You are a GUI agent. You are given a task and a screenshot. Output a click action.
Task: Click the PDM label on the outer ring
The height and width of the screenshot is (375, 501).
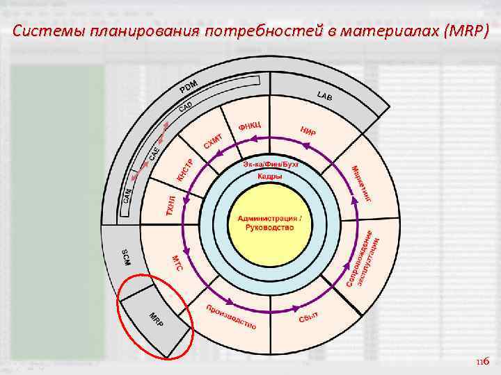[188, 88]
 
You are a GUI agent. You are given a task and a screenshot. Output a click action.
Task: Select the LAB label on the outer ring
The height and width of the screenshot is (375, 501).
[324, 96]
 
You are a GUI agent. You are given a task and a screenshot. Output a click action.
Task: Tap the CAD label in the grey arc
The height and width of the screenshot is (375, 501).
[185, 107]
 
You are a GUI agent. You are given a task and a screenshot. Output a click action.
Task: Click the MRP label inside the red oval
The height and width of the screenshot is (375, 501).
[157, 321]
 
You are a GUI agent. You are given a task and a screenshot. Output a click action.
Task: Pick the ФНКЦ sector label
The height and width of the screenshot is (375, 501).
[248, 125]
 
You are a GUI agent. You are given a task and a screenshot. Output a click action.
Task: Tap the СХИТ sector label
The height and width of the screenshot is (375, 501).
[212, 140]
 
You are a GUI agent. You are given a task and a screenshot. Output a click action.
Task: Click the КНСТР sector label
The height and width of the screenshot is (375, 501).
[184, 171]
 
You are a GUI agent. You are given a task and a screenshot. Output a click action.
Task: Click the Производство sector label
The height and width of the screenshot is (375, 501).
[230, 316]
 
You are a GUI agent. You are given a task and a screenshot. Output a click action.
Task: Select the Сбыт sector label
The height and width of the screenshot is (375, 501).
[308, 317]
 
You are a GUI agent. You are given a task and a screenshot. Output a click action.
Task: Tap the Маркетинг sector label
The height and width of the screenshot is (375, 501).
[361, 184]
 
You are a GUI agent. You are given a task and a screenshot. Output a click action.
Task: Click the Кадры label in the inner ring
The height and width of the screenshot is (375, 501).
[270, 176]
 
